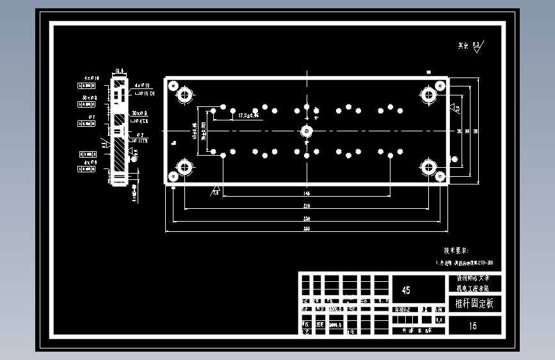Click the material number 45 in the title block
[x=406, y=290]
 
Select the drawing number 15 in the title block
[x=473, y=326]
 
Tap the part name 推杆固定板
[x=474, y=304]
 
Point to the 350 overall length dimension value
[x=307, y=229]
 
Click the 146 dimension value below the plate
[x=307, y=193]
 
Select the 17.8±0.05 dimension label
[x=248, y=116]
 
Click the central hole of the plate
[x=307, y=131]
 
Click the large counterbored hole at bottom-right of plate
[x=429, y=167]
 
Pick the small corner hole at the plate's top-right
[x=440, y=85]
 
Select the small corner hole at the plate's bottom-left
[x=173, y=176]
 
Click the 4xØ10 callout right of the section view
[x=142, y=85]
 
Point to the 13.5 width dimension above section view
[x=119, y=71]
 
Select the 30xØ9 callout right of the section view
[x=140, y=113]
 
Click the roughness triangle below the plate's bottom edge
[x=216, y=190]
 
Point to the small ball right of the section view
[x=134, y=151]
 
